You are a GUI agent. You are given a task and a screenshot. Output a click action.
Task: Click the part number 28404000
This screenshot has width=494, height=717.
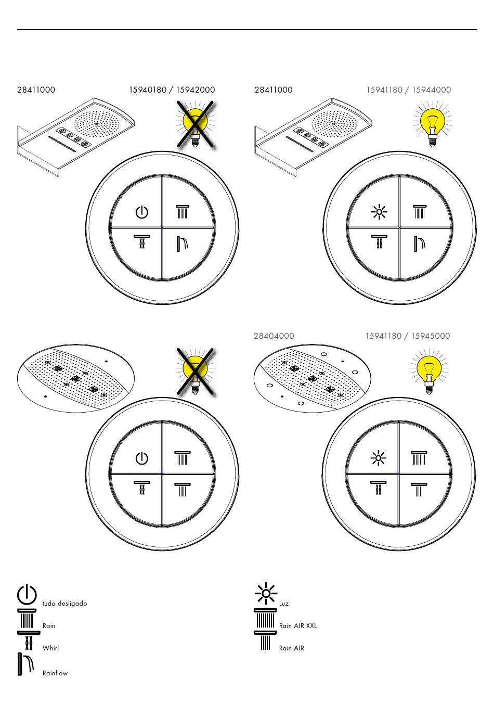click(274, 336)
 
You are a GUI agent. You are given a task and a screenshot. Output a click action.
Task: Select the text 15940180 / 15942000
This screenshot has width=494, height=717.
click(172, 90)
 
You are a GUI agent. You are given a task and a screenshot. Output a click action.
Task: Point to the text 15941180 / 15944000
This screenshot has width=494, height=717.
click(408, 90)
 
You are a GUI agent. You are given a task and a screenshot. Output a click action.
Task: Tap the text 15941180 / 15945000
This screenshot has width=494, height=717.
click(407, 336)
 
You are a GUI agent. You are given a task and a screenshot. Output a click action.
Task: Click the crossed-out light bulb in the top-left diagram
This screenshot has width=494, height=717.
click(196, 124)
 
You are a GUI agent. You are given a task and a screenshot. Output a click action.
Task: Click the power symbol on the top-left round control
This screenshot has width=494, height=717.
click(141, 212)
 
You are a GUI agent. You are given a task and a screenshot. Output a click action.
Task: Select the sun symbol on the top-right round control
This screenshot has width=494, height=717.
click(379, 212)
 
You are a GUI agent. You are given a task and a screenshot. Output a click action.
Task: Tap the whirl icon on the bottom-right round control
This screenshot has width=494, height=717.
click(379, 488)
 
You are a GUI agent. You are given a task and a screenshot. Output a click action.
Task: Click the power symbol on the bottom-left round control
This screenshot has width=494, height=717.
click(141, 458)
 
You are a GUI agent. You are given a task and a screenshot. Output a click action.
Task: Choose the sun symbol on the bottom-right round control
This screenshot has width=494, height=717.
click(378, 458)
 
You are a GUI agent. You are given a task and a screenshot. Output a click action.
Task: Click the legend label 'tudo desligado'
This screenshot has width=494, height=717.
click(64, 604)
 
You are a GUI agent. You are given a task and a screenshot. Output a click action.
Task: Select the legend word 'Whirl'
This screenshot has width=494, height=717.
click(50, 648)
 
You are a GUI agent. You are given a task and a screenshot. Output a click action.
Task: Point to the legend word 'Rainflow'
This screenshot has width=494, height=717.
click(55, 673)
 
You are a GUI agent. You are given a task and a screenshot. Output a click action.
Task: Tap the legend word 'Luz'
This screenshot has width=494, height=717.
click(283, 604)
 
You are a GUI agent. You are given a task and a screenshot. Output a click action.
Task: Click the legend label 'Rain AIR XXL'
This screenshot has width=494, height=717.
click(297, 626)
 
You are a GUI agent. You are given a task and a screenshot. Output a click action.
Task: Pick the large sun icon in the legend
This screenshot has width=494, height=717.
click(266, 593)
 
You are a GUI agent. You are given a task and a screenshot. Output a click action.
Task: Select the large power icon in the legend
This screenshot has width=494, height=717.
click(27, 595)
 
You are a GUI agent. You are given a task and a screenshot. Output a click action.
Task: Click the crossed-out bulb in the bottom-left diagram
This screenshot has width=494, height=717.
click(196, 371)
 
